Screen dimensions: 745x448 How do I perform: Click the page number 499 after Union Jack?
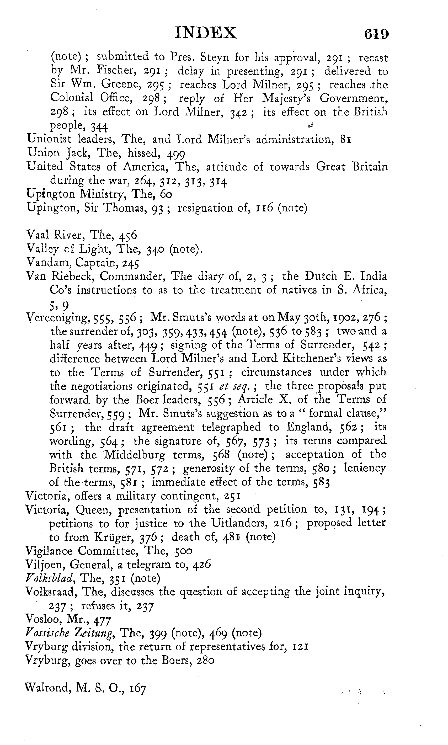[x=176, y=154]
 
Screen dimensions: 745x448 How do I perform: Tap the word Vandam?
[x=48, y=262]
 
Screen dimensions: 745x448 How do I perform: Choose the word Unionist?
[x=49, y=140]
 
